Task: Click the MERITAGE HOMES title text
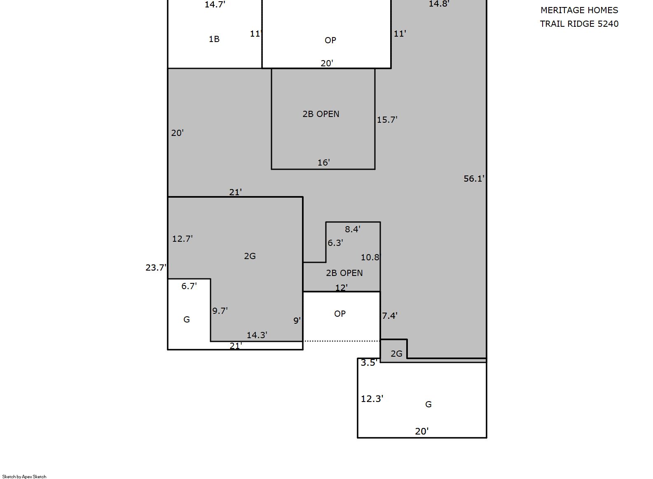click(579, 10)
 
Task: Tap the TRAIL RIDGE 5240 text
click(579, 23)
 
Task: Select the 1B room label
click(214, 39)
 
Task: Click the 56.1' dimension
click(474, 178)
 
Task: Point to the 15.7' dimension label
click(387, 119)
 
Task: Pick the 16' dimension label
click(323, 162)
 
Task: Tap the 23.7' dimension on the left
click(156, 267)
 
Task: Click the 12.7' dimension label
click(183, 238)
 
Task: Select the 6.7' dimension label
click(189, 286)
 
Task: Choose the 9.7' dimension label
click(220, 311)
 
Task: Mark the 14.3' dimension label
click(257, 335)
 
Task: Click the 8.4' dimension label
click(353, 229)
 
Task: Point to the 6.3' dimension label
click(335, 243)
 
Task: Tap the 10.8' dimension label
click(371, 257)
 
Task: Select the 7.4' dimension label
click(390, 315)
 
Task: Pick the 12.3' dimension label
click(372, 399)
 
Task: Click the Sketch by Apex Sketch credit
click(24, 477)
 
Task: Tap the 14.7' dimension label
click(215, 5)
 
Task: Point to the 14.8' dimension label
click(439, 4)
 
